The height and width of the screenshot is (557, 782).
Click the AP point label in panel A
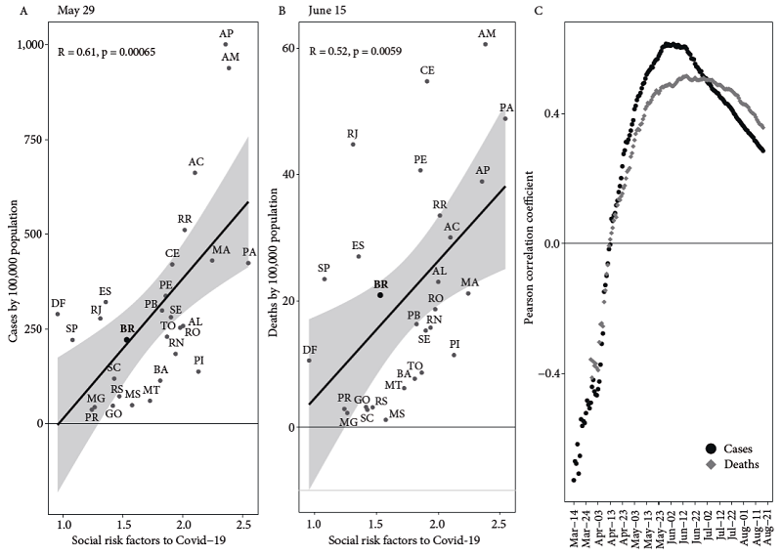coord(227,32)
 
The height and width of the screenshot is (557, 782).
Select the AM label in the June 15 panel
coord(486,32)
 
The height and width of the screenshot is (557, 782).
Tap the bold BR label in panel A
coord(126,329)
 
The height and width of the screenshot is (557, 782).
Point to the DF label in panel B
coord(310,349)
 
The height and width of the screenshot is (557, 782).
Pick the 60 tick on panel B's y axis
coord(289,48)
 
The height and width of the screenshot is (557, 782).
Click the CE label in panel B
coord(427,70)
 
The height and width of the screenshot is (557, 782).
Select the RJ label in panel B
coord(353,133)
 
